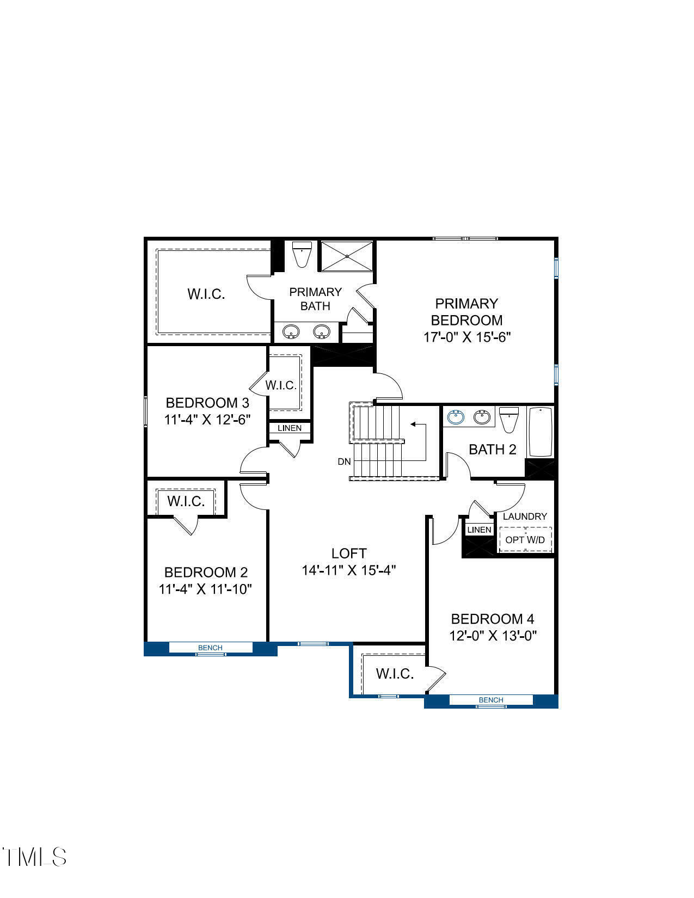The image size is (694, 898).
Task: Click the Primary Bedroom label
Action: pyautogui.click(x=466, y=311)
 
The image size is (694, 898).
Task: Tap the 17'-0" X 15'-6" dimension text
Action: pyautogui.click(x=466, y=337)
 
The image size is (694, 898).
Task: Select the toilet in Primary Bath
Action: pyautogui.click(x=301, y=254)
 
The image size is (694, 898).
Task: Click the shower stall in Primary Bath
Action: pyautogui.click(x=347, y=256)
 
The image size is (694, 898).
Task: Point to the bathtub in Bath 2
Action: pyautogui.click(x=540, y=432)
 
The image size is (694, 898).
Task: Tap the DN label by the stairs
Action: pyautogui.click(x=344, y=462)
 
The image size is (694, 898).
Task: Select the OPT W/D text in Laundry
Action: pyautogui.click(x=525, y=540)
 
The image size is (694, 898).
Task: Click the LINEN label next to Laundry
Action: pyautogui.click(x=480, y=530)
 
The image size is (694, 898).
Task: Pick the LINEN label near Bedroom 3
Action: pyautogui.click(x=290, y=428)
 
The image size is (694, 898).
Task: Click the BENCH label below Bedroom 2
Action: pyautogui.click(x=210, y=648)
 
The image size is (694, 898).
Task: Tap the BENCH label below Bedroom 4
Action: pyautogui.click(x=491, y=700)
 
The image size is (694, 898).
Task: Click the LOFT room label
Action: pyautogui.click(x=349, y=553)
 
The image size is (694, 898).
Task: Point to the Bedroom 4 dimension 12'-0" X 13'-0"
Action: pyautogui.click(x=493, y=636)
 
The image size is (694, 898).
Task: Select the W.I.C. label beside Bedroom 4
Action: pyautogui.click(x=395, y=674)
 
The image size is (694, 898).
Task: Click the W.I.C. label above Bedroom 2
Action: pyautogui.click(x=186, y=501)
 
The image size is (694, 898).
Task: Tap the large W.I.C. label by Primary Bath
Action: pyautogui.click(x=206, y=294)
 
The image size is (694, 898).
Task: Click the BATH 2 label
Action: pyautogui.click(x=492, y=450)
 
